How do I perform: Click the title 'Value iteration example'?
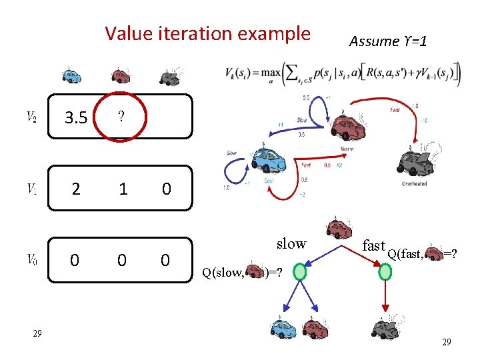(207, 33)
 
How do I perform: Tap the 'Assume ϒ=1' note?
(388, 41)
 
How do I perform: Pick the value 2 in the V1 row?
(76, 189)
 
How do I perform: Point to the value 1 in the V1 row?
(122, 189)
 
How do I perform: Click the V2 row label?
(31, 117)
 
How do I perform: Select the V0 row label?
(31, 259)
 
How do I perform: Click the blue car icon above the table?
(71, 75)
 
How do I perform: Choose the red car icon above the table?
(120, 75)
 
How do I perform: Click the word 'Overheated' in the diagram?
(415, 183)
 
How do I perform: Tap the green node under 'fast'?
(385, 272)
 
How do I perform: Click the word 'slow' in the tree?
(291, 243)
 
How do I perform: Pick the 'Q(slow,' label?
(224, 272)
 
